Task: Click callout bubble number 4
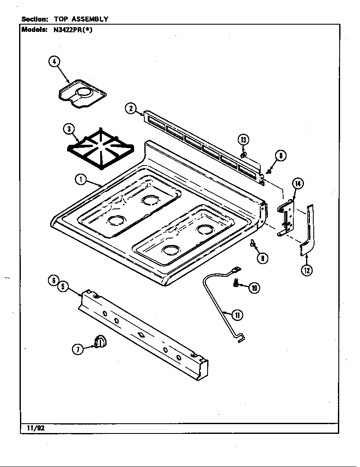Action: pyautogui.click(x=54, y=62)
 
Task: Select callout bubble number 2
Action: pyautogui.click(x=130, y=109)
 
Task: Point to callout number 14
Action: pyautogui.click(x=298, y=183)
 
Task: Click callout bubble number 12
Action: pyautogui.click(x=307, y=270)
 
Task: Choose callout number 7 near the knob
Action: pyautogui.click(x=78, y=349)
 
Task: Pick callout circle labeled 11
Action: pyautogui.click(x=237, y=315)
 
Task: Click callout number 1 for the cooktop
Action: pyautogui.click(x=80, y=180)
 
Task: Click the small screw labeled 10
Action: pyautogui.click(x=236, y=284)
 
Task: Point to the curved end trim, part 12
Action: pyautogui.click(x=308, y=231)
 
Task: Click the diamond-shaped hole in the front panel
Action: pyautogui.click(x=140, y=335)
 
